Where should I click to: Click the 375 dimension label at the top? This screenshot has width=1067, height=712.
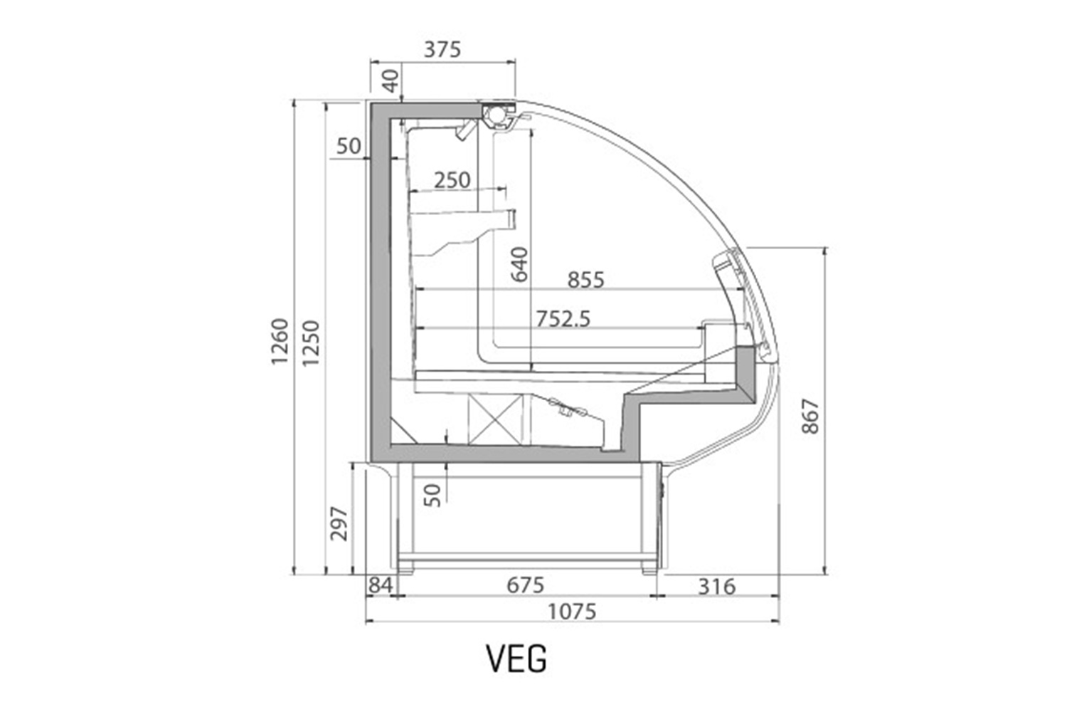coord(442,49)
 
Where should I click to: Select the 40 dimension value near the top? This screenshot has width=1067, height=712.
coord(391,80)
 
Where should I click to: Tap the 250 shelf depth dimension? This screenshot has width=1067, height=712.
coord(452,180)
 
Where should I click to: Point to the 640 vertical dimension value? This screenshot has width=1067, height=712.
coord(519,264)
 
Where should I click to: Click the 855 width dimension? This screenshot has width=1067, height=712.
coord(585,280)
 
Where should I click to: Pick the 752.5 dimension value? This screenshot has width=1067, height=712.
coord(563,319)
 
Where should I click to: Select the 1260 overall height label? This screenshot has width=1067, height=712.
coord(280,342)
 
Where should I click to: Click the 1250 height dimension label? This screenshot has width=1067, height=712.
coord(311,343)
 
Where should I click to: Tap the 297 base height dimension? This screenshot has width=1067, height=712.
coord(339,523)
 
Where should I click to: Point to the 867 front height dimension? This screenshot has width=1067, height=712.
coord(809,417)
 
